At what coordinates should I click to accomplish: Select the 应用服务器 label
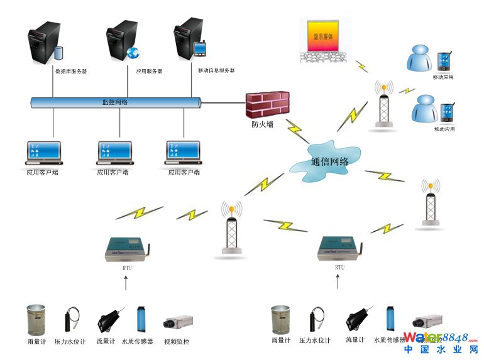(149, 71)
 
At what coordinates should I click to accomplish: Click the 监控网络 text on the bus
(115, 102)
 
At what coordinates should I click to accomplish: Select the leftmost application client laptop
(43, 155)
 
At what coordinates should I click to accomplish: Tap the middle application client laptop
(114, 155)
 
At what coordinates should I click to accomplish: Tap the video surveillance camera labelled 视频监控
(177, 323)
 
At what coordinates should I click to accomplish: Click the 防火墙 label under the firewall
(262, 124)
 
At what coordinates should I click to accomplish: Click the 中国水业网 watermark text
(441, 349)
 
